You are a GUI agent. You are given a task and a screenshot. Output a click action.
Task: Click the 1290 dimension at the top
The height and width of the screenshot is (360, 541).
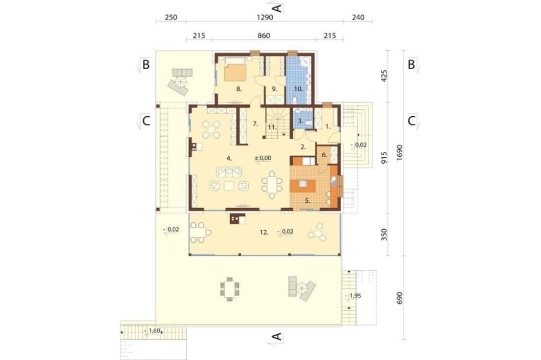(265, 17)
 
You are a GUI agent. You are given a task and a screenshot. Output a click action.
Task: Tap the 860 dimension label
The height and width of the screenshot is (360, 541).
(263, 36)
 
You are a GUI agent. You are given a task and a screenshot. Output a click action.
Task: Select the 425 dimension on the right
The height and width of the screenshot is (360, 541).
(384, 76)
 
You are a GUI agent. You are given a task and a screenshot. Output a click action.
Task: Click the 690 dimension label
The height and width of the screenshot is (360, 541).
(400, 298)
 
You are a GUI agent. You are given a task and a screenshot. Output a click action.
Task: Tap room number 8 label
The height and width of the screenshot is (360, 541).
(239, 89)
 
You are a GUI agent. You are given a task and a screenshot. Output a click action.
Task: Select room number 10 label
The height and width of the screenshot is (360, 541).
(298, 89)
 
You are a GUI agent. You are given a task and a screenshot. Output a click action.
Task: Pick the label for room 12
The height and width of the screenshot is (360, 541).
(264, 232)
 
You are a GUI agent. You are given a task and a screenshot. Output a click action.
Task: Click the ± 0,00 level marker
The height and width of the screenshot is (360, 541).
(263, 158)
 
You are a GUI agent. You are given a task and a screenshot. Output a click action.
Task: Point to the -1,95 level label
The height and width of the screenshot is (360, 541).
(354, 296)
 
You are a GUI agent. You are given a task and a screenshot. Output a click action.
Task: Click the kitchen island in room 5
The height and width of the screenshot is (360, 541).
(302, 184)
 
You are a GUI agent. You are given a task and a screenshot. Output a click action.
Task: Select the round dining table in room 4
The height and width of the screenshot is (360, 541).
(211, 129)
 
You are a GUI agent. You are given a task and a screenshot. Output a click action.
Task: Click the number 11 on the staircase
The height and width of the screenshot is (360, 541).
(272, 127)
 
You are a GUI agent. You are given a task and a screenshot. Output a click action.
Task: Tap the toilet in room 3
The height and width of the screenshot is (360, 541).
(308, 122)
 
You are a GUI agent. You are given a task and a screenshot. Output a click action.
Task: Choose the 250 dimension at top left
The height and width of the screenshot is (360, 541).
(171, 17)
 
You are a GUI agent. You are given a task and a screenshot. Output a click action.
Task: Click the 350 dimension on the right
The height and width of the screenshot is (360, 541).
(384, 235)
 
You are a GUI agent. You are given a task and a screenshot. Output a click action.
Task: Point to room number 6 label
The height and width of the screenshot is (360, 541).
(324, 155)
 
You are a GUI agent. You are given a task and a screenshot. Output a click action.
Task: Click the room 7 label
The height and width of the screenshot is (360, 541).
(255, 124)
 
